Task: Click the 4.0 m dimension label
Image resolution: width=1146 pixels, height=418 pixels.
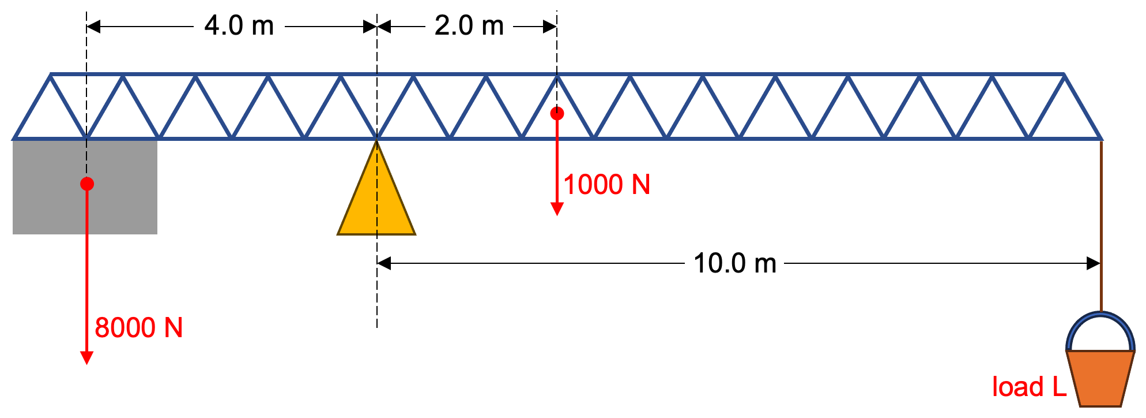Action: click(x=239, y=26)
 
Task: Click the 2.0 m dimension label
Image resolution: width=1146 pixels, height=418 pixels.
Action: click(x=469, y=26)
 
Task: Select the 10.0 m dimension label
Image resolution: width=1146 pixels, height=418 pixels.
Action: click(x=734, y=263)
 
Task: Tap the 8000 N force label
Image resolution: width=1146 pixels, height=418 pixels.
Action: click(x=138, y=328)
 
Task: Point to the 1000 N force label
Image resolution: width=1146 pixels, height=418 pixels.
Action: click(x=606, y=185)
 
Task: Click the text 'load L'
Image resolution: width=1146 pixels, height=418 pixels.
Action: click(x=1029, y=387)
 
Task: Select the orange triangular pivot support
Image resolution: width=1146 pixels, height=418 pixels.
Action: click(x=376, y=202)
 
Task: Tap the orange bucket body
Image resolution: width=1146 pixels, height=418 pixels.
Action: click(x=1100, y=378)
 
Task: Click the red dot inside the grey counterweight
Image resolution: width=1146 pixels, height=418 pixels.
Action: click(x=87, y=184)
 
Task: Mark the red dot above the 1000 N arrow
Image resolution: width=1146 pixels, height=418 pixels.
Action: click(x=557, y=113)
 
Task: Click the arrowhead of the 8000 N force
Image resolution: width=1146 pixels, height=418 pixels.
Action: click(x=86, y=358)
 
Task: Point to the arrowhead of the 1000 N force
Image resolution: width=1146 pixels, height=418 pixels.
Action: click(x=557, y=209)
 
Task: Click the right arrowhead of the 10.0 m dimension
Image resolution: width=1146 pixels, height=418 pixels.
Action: click(x=1093, y=263)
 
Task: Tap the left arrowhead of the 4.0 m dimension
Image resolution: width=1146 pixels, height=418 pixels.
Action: click(x=93, y=27)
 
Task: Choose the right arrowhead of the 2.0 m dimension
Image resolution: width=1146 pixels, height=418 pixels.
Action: click(x=550, y=27)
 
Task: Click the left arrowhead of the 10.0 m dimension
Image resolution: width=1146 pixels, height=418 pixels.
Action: click(x=384, y=263)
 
